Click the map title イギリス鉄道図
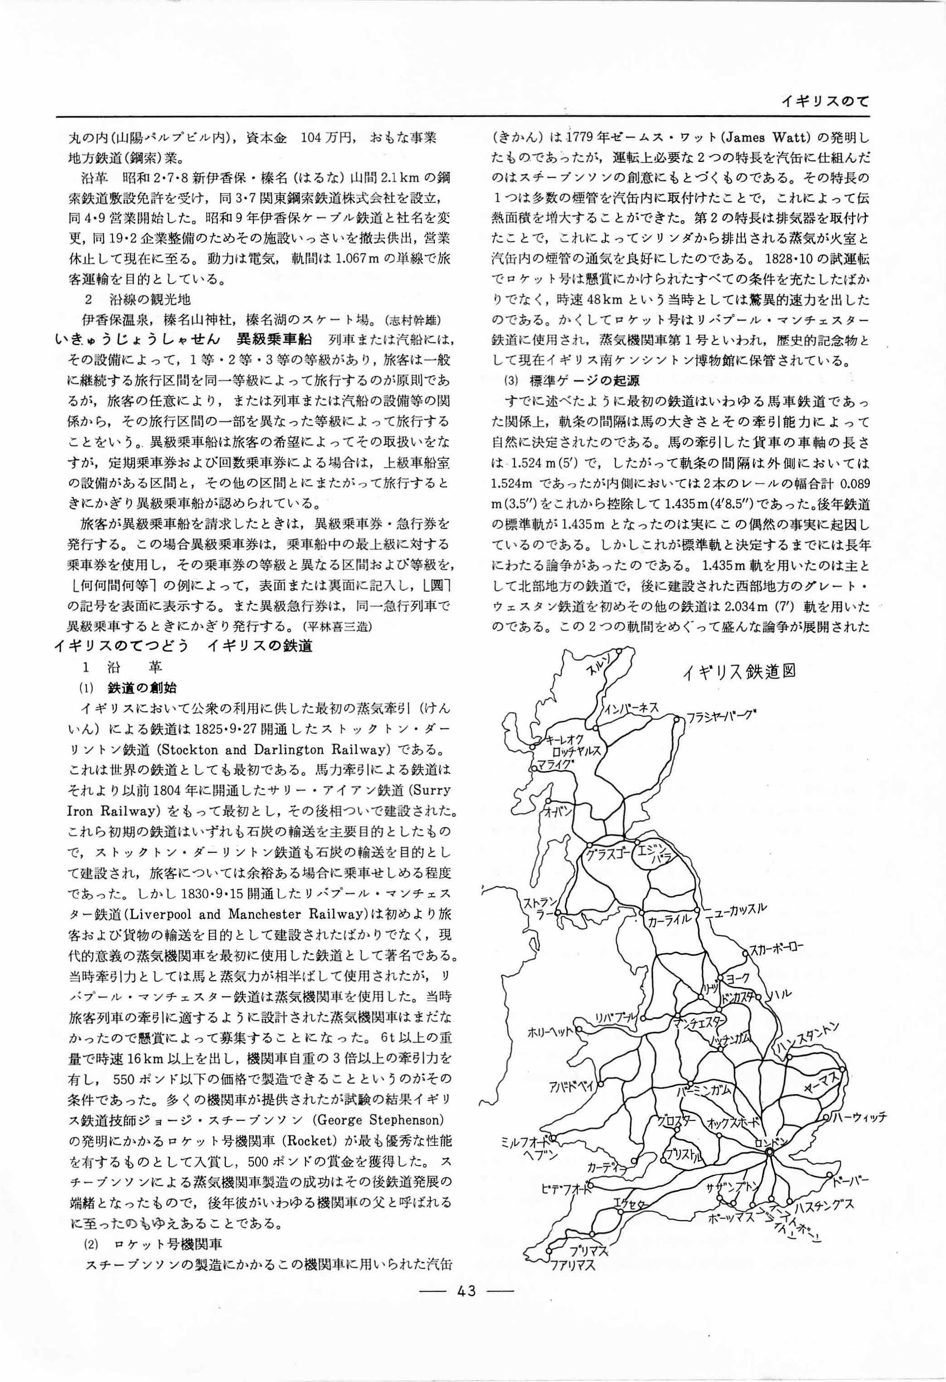[x=738, y=672]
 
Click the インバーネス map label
[x=631, y=708]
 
